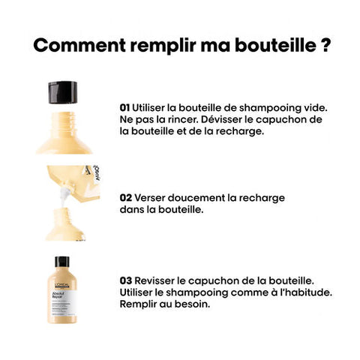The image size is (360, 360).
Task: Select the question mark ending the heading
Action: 325,44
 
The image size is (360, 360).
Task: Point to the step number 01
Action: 124,108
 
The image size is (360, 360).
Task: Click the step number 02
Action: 125,198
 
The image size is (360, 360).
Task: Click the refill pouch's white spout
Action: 62,197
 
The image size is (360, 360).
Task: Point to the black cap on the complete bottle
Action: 61,262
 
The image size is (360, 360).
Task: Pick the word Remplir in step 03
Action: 141,304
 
